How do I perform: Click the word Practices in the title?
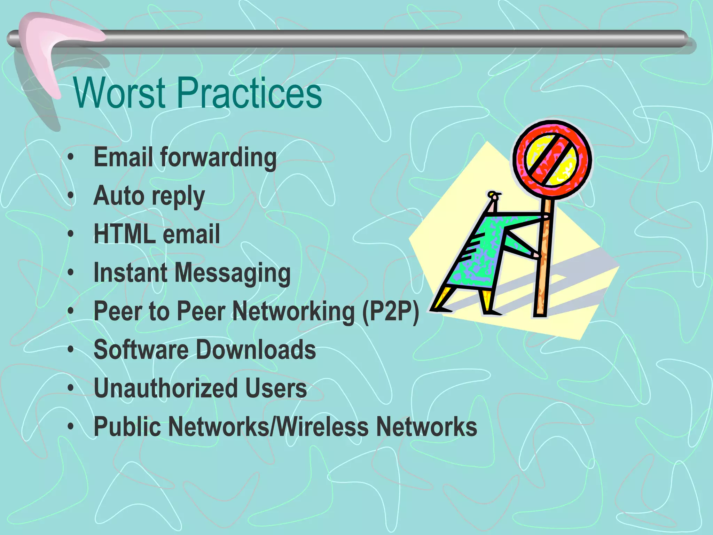tap(250, 93)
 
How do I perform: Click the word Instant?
tap(131, 272)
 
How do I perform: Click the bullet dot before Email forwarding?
tap(71, 157)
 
